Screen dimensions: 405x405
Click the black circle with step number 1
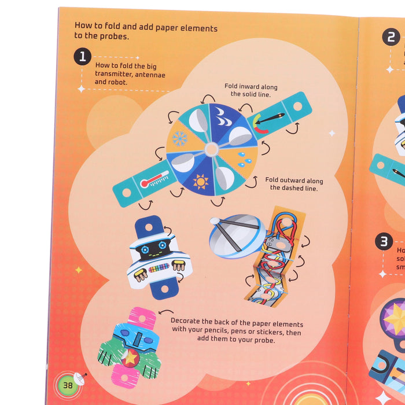pyautogui.click(x=82, y=56)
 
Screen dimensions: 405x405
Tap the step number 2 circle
pyautogui.click(x=391, y=37)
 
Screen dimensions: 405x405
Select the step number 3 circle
pyautogui.click(x=384, y=241)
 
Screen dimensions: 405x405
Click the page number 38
pyautogui.click(x=67, y=384)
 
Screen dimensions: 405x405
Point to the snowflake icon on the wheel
pyautogui.click(x=180, y=138)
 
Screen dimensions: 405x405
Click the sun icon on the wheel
pyautogui.click(x=201, y=181)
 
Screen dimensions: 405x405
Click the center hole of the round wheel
pyautogui.click(x=211, y=149)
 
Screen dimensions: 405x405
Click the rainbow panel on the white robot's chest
pyautogui.click(x=159, y=268)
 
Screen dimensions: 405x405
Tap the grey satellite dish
pyautogui.click(x=237, y=234)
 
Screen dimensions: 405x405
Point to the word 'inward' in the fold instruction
pyautogui.click(x=251, y=86)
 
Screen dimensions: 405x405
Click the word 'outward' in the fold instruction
pyautogui.click(x=291, y=179)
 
